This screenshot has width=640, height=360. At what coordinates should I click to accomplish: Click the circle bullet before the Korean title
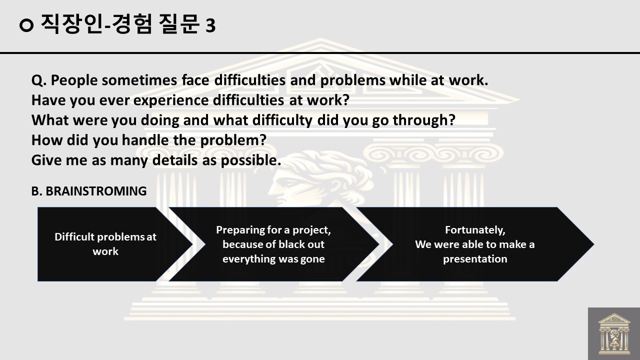pyautogui.click(x=26, y=25)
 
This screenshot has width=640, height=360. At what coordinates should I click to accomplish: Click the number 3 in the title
pyautogui.click(x=210, y=25)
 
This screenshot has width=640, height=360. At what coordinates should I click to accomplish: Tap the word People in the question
pyautogui.click(x=74, y=80)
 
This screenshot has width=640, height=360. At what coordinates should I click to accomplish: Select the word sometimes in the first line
pyautogui.click(x=139, y=80)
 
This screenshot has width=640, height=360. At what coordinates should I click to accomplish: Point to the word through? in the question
pyautogui.click(x=424, y=120)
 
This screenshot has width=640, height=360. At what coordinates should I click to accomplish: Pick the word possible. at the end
pyautogui.click(x=251, y=160)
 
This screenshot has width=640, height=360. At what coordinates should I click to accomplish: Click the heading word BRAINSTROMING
pyautogui.click(x=96, y=191)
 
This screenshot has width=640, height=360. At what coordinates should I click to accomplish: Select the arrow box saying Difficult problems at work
pyautogui.click(x=115, y=244)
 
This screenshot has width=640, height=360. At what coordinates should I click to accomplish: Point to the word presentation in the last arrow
pyautogui.click(x=475, y=259)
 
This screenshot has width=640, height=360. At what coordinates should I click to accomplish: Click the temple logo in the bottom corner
pyautogui.click(x=614, y=333)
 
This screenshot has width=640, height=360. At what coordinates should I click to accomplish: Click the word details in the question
pyautogui.click(x=175, y=160)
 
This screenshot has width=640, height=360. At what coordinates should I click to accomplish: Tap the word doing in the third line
pyautogui.click(x=159, y=120)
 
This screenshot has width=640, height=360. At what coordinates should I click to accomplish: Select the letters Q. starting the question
pyautogui.click(x=39, y=80)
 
